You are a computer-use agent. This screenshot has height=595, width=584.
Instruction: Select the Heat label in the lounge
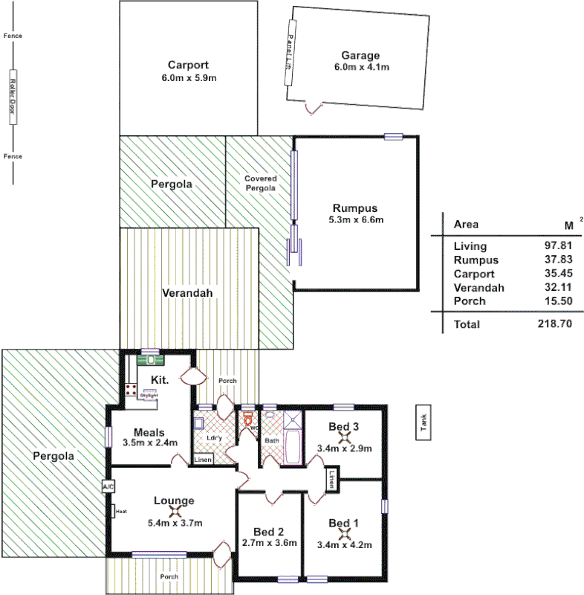pos(120,511)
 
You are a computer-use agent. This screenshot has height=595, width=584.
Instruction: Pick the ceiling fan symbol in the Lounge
pos(175,512)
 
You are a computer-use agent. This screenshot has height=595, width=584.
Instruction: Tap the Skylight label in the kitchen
pos(149,395)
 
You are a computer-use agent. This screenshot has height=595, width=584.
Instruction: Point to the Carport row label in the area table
pos(474,273)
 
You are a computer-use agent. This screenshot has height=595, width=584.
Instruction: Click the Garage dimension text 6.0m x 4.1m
pos(362,67)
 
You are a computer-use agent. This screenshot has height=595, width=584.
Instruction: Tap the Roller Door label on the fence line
pos(12,97)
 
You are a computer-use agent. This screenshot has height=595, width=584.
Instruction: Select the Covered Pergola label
pos(261,183)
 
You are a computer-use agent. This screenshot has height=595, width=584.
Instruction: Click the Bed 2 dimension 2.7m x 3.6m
pos(269,543)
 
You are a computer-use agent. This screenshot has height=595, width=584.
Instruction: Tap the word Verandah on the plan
pos(187,293)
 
